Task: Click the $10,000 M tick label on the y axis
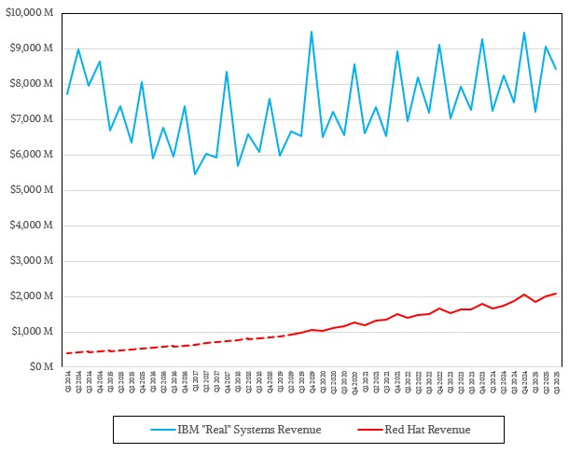[29, 12]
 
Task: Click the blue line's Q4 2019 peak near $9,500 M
[312, 31]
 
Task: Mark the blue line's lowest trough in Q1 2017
[195, 174]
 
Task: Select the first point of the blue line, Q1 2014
[68, 94]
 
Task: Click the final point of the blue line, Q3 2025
[557, 69]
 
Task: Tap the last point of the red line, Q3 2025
[557, 294]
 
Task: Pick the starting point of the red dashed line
[68, 353]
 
